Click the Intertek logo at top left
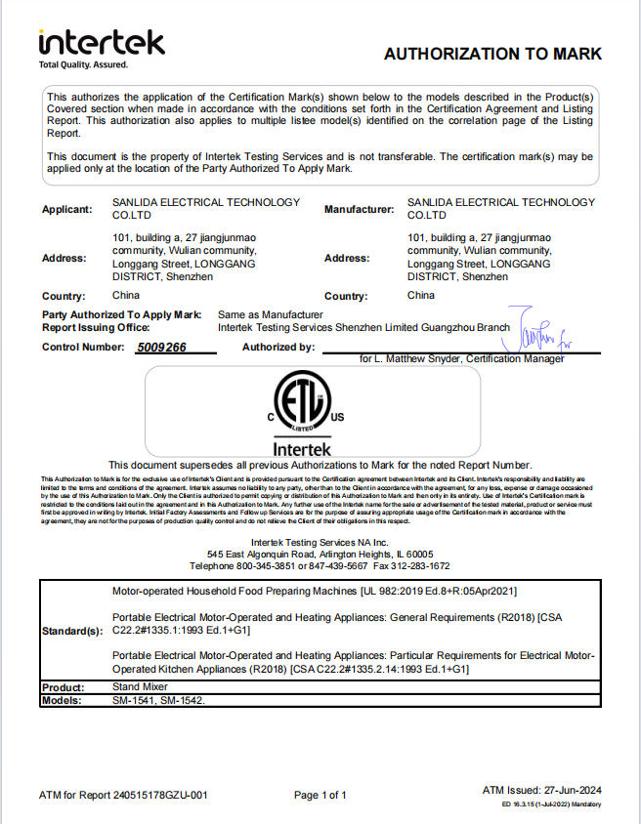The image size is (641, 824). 101,44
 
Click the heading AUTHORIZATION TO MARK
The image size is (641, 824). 492,54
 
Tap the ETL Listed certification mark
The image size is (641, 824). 302,406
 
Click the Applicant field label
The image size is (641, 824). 67,210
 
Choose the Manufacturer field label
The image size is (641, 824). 359,210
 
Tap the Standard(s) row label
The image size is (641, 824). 72,632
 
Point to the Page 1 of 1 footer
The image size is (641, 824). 320,795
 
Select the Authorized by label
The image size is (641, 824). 278,347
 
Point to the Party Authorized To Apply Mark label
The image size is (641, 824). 122,314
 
